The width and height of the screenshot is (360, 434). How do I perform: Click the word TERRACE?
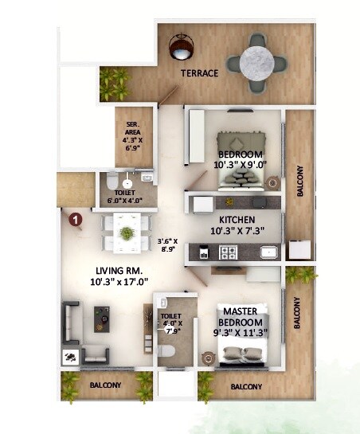point(199,73)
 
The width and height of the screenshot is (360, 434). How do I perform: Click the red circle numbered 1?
point(76,218)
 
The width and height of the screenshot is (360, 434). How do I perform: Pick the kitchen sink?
point(269,254)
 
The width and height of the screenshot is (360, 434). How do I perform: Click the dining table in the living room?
point(126,233)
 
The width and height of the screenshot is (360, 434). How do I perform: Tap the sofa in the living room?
point(72,326)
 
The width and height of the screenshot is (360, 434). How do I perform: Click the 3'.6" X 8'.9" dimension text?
point(167,244)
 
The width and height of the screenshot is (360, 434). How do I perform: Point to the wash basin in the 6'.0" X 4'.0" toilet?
point(127,181)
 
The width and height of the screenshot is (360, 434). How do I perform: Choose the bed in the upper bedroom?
point(235,175)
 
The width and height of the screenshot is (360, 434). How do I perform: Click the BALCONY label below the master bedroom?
point(246,387)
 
